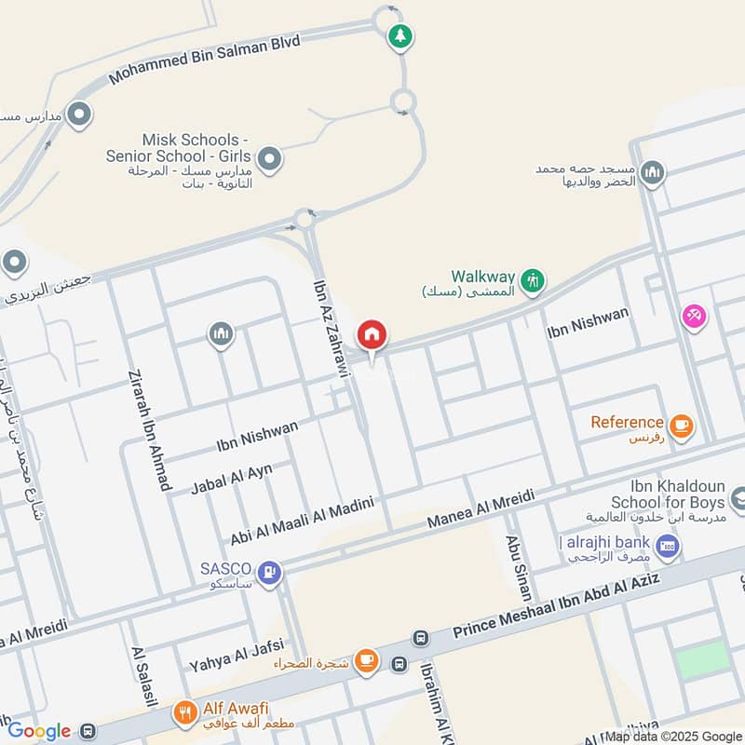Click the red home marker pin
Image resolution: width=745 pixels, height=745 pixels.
(x=372, y=333)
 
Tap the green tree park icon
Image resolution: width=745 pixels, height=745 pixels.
(x=400, y=37)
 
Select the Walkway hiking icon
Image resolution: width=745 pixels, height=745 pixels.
(x=532, y=280)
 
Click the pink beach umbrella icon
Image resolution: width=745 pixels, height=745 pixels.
(x=694, y=317)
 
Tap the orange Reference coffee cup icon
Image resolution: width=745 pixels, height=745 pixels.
(x=682, y=426)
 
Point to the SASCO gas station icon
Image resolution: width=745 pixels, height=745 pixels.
(x=270, y=572)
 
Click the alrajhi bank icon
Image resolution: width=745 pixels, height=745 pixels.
(x=666, y=546)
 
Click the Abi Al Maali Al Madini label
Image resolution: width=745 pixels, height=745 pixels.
(x=302, y=521)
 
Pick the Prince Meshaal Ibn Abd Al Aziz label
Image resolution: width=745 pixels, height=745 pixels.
(x=556, y=606)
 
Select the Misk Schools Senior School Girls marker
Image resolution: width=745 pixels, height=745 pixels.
(x=270, y=159)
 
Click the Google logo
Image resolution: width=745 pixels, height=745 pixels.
(x=38, y=731)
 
